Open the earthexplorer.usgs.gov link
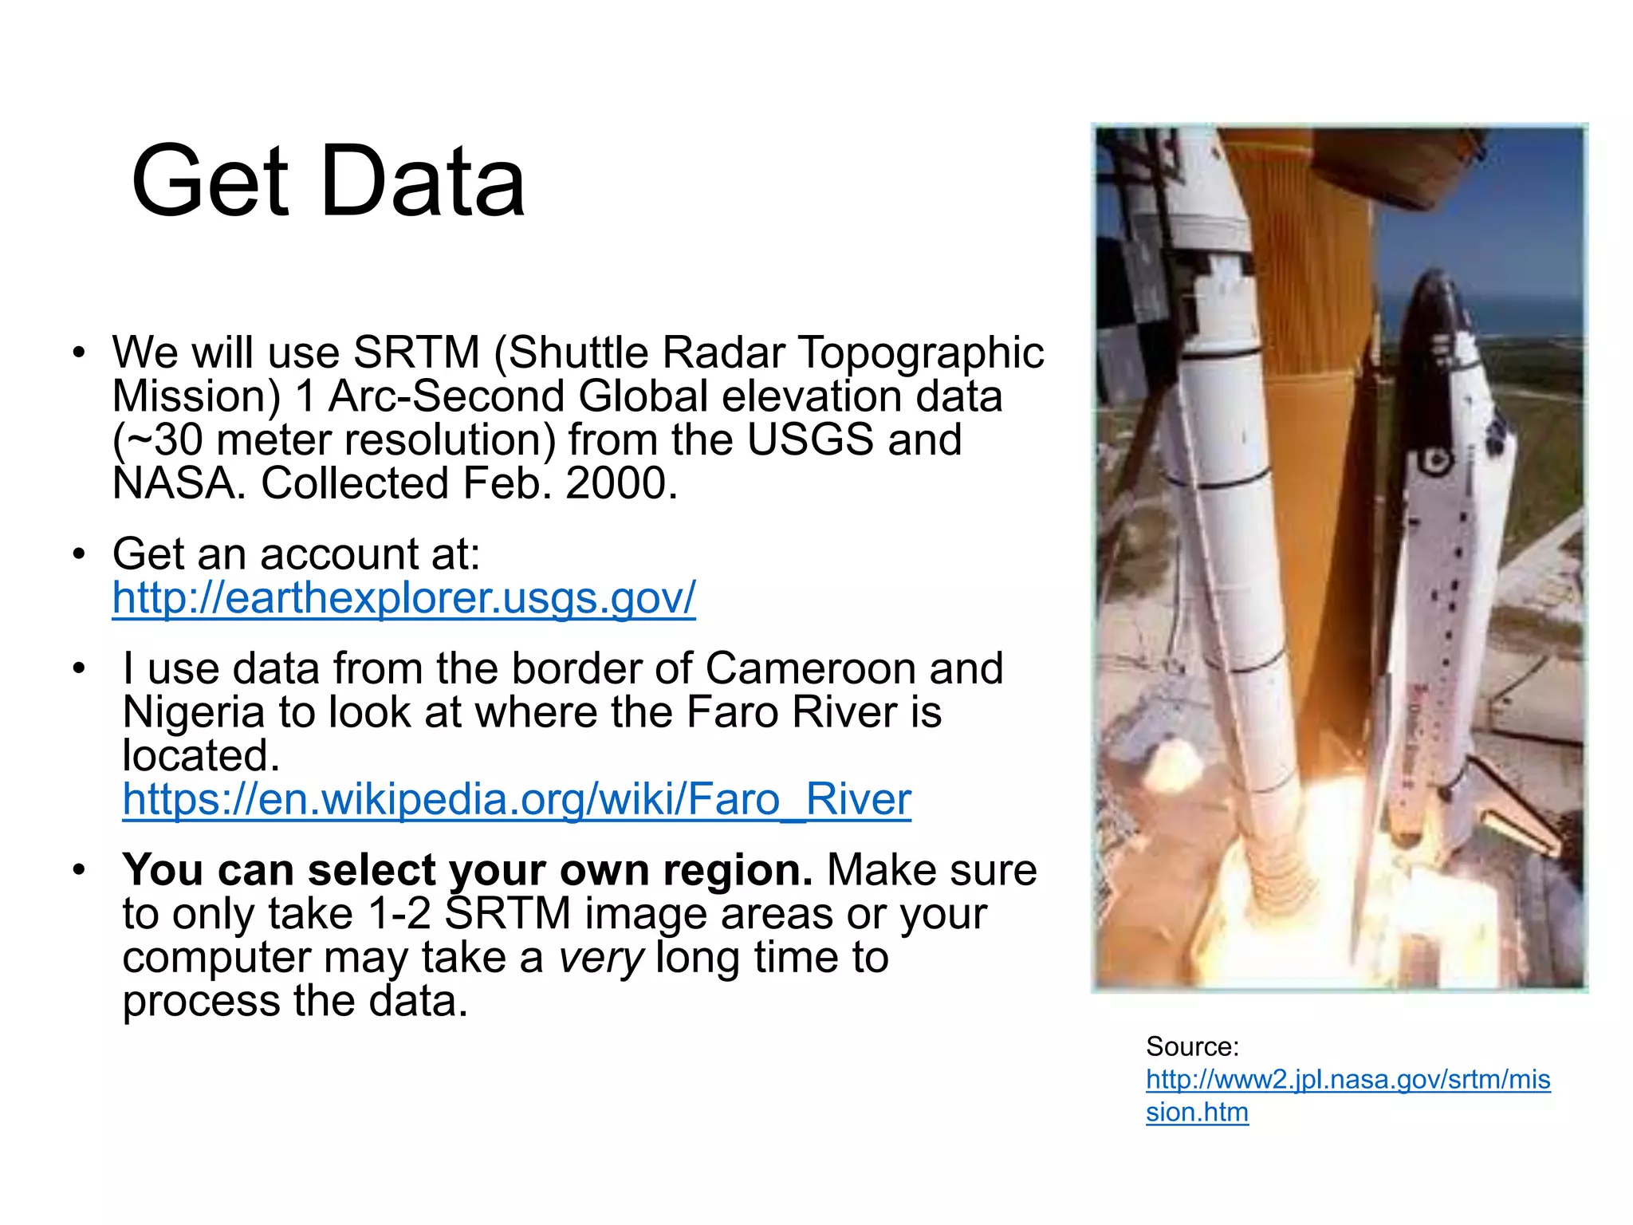click(x=403, y=598)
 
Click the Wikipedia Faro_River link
click(x=516, y=800)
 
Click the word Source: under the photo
click(x=1192, y=1046)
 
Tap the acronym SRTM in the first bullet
click(x=416, y=353)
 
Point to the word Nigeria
click(x=193, y=712)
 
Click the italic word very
click(x=600, y=958)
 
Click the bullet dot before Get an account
click(x=78, y=553)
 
